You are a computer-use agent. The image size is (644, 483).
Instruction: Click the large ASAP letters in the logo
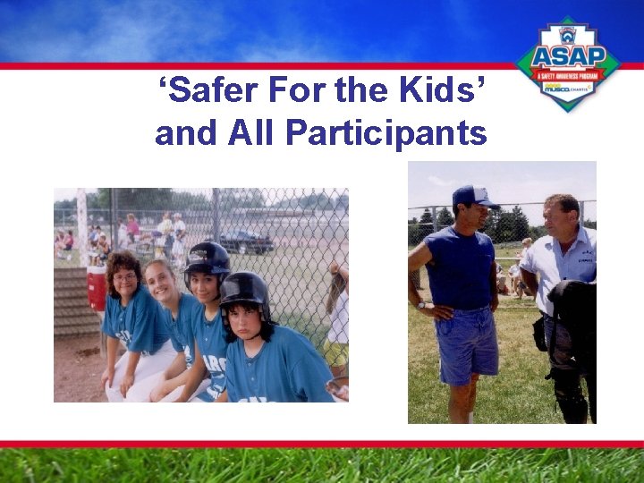pyautogui.click(x=568, y=57)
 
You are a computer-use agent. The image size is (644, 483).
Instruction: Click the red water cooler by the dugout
pyautogui.click(x=97, y=287)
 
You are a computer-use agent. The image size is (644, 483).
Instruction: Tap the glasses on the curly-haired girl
pyautogui.click(x=125, y=277)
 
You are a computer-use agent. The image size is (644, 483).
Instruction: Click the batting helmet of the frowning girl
pyautogui.click(x=244, y=291)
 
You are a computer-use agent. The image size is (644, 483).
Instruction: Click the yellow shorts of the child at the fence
pyautogui.click(x=337, y=353)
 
